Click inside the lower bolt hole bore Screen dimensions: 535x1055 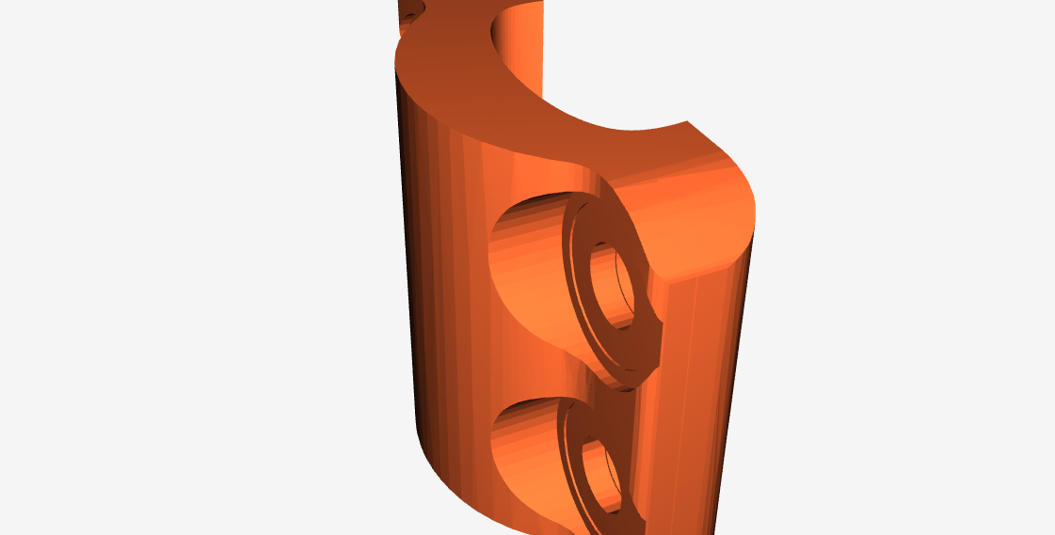tap(602, 475)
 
